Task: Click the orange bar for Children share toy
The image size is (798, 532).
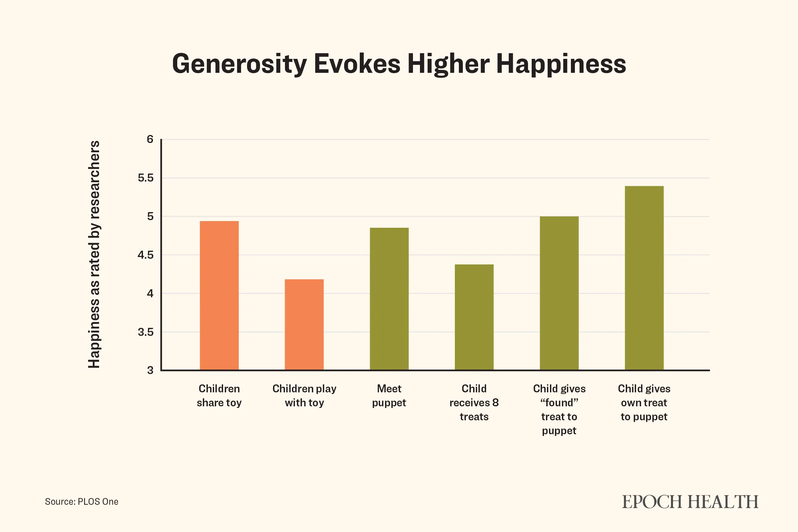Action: tap(219, 295)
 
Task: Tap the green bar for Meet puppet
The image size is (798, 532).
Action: tap(389, 299)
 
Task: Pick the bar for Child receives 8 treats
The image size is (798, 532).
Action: tap(474, 317)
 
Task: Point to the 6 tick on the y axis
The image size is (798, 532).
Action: tap(150, 139)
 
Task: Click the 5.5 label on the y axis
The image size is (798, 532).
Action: tap(146, 178)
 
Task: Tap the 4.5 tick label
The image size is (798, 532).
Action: tap(146, 255)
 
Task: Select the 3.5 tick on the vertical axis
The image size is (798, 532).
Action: tap(146, 332)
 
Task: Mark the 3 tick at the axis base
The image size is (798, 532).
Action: tap(150, 370)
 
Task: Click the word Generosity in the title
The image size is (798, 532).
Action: tap(239, 64)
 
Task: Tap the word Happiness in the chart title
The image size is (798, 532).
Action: tap(561, 64)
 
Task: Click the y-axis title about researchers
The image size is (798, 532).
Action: tap(94, 254)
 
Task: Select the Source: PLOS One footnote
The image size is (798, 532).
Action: tap(81, 501)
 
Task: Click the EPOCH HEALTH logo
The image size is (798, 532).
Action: tap(690, 502)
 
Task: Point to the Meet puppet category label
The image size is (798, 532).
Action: tap(389, 396)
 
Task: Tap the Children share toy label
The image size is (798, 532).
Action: tap(219, 396)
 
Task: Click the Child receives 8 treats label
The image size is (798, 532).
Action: tap(474, 402)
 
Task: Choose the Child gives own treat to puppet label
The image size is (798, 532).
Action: tap(644, 402)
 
